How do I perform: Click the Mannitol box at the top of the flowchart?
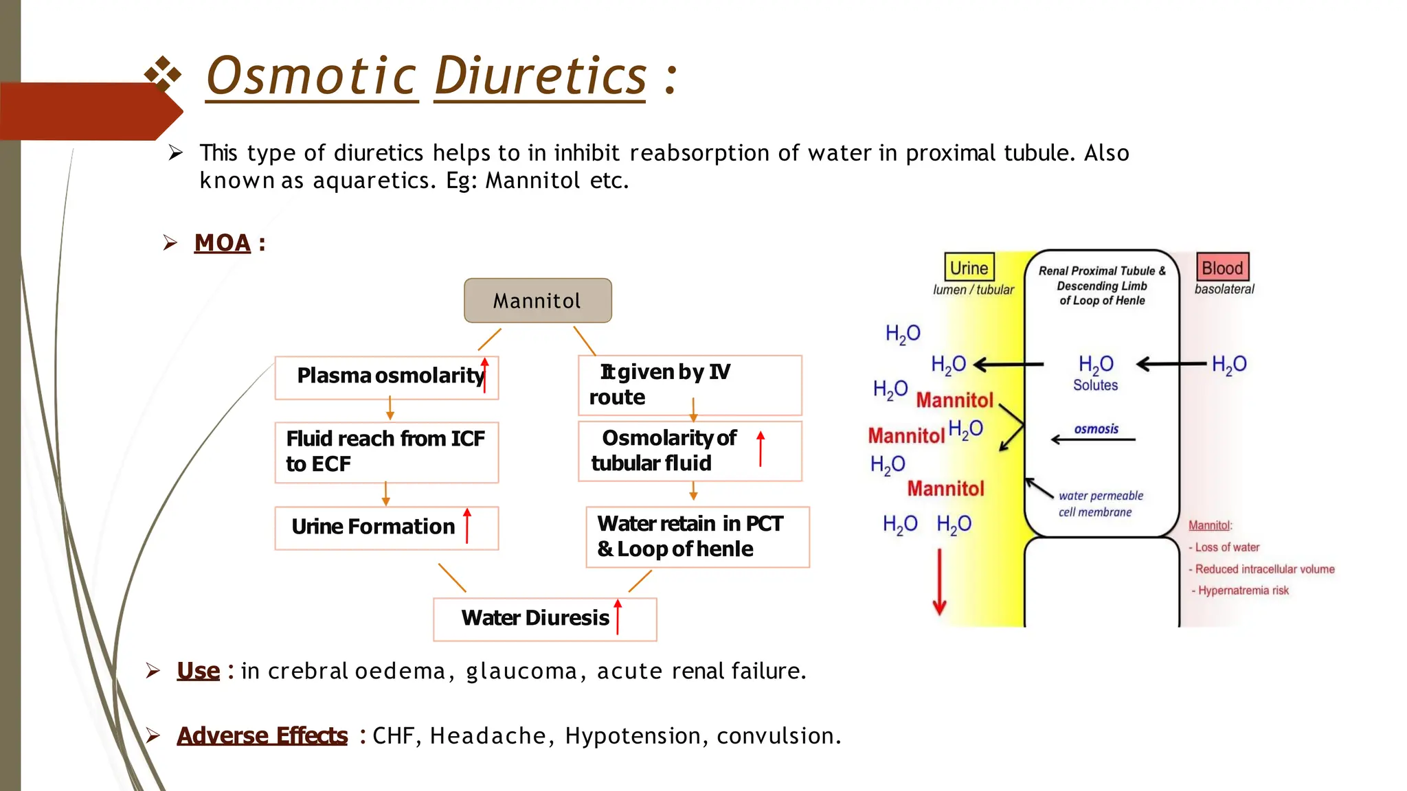click(537, 301)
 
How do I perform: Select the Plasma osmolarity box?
click(386, 377)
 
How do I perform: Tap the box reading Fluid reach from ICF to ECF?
click(386, 452)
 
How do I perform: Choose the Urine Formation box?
click(386, 527)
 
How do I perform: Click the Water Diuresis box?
click(544, 619)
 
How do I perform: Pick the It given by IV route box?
click(689, 385)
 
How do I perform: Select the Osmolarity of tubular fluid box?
click(689, 450)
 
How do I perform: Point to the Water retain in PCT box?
click(697, 536)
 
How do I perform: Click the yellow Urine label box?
click(969, 268)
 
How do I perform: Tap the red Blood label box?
click(1222, 268)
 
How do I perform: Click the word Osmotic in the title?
click(311, 76)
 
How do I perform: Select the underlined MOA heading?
click(223, 243)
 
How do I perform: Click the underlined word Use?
click(199, 671)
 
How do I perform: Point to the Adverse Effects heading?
click(262, 736)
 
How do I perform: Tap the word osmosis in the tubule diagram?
click(1096, 429)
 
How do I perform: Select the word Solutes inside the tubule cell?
click(1095, 385)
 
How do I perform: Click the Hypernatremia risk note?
click(1242, 591)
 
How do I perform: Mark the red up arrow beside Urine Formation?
click(467, 526)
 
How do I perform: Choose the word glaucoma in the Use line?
click(521, 671)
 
